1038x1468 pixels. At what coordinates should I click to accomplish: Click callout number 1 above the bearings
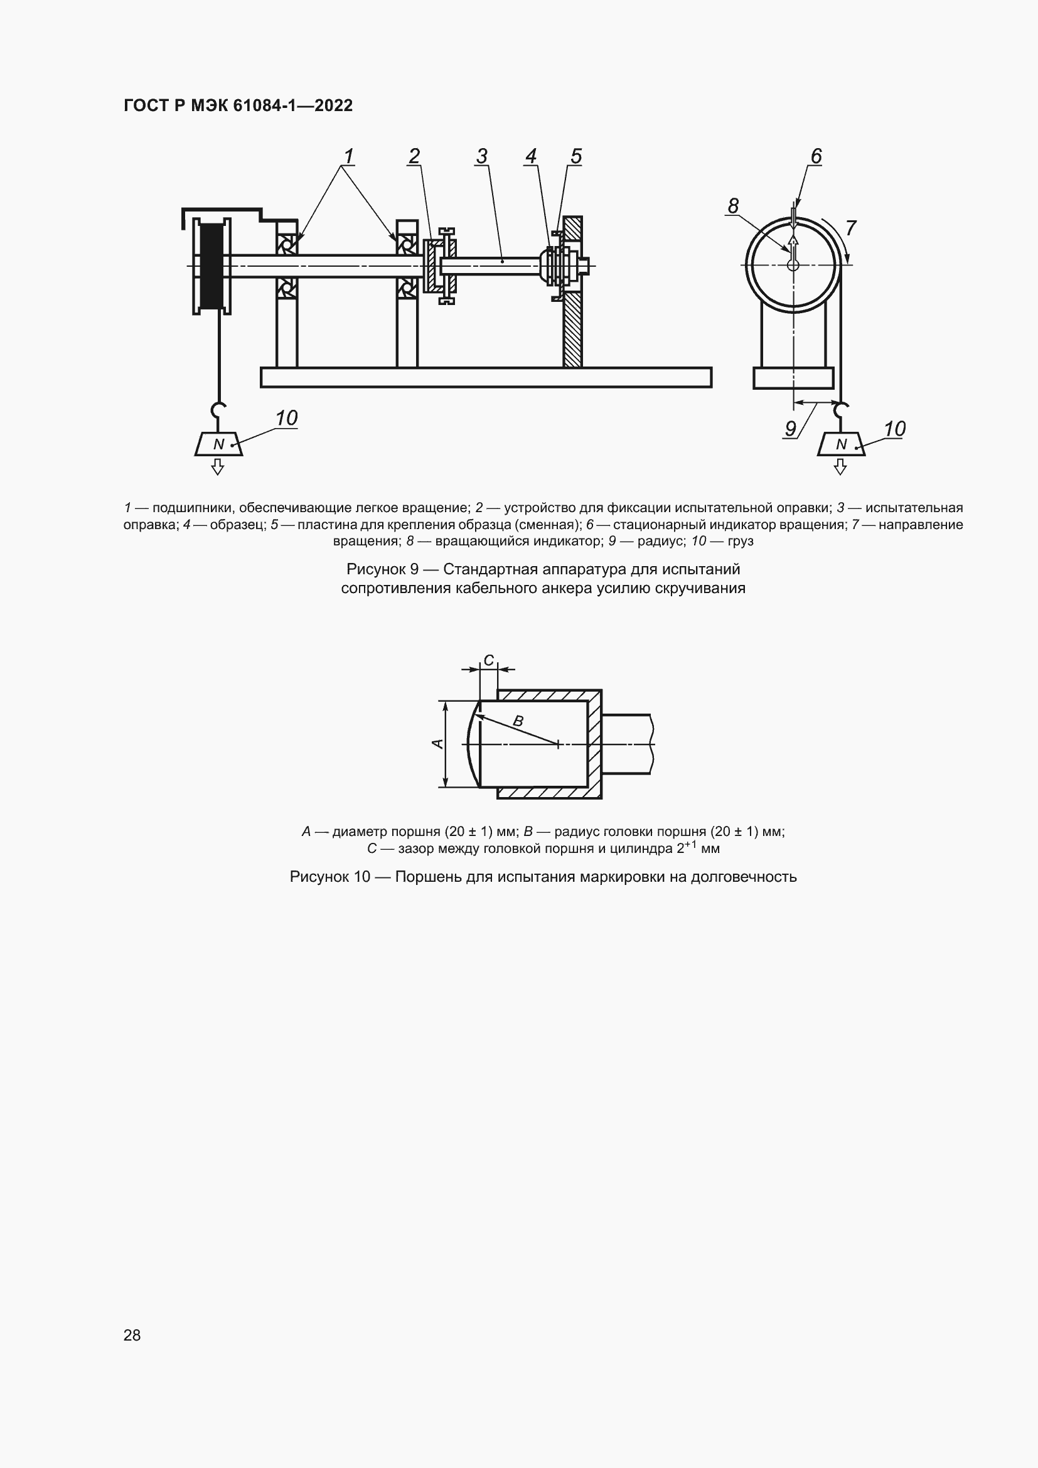point(348,156)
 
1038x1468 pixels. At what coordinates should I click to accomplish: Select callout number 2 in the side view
point(414,156)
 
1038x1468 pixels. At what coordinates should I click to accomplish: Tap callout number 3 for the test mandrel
point(482,156)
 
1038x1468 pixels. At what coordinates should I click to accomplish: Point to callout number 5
point(576,156)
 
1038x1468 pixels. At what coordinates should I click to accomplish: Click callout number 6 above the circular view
point(816,156)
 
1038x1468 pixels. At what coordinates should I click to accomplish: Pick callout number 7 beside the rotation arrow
point(851,228)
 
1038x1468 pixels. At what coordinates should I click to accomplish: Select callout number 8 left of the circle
point(733,206)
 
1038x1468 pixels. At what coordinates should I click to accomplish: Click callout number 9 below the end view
point(791,429)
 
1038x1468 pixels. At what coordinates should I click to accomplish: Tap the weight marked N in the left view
point(218,444)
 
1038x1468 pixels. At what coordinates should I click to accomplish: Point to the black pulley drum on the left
point(211,265)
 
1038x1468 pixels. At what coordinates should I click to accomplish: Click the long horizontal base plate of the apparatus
point(486,377)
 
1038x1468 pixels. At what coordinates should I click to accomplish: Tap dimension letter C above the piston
point(488,660)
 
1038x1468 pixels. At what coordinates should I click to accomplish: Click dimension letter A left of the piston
point(438,744)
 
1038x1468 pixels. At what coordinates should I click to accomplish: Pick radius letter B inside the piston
point(518,721)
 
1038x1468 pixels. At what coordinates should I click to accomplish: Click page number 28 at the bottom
point(132,1335)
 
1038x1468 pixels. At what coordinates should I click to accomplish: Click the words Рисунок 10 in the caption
point(330,877)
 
